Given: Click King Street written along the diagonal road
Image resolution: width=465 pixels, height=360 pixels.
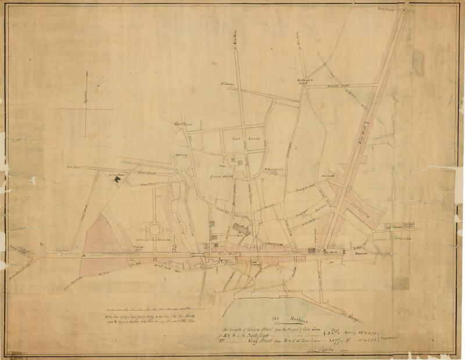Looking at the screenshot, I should pyautogui.click(x=375, y=116).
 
